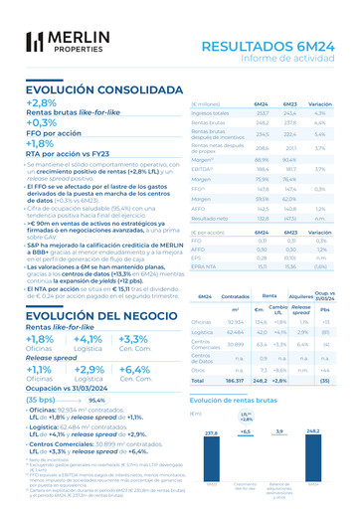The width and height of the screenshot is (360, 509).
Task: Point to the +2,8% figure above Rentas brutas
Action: (x=42, y=103)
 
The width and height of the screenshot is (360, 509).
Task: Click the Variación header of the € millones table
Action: (x=321, y=103)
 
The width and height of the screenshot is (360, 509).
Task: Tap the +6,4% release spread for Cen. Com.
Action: (x=133, y=369)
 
